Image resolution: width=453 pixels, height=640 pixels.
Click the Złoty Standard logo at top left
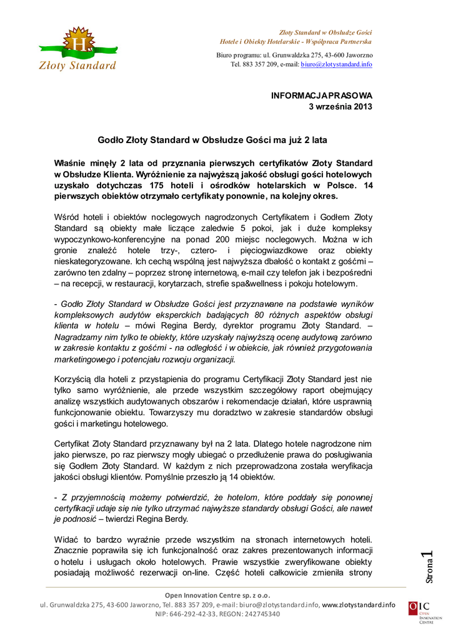point(78,49)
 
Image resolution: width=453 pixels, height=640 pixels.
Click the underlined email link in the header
point(336,64)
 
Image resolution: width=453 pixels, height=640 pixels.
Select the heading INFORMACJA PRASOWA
point(321,96)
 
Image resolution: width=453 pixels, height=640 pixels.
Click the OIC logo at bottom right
point(419,612)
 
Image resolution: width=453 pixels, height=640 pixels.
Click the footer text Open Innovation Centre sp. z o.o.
point(217,594)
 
